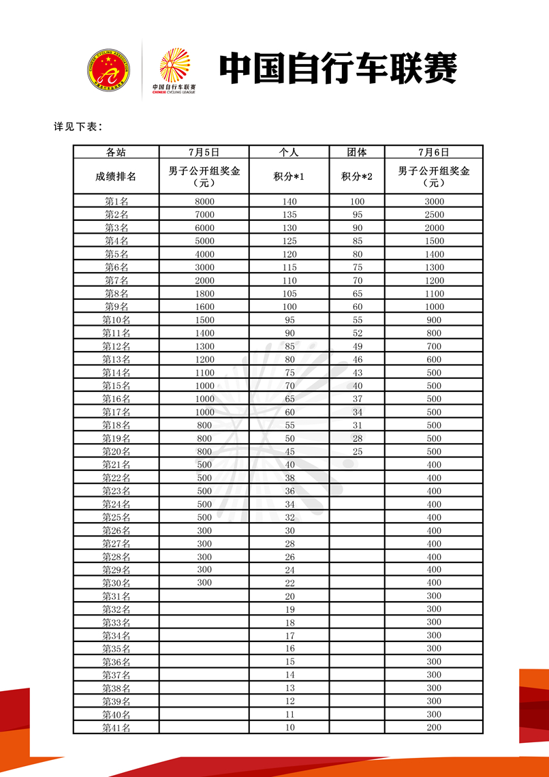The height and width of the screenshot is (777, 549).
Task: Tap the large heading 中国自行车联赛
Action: pos(338,68)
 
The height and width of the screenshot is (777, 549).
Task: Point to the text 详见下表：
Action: pos(78,127)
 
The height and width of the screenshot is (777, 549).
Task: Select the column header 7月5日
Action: pos(204,152)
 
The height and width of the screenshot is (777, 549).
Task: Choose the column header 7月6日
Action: pos(434,152)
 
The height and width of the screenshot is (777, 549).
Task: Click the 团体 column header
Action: pos(357,152)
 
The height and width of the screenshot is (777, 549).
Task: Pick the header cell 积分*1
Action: pos(289,177)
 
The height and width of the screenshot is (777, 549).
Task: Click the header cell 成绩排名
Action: pos(116,177)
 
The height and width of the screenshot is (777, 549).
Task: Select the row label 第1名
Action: pos(116,201)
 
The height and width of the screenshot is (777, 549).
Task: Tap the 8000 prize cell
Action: pos(204,201)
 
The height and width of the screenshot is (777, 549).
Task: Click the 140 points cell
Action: pos(289,201)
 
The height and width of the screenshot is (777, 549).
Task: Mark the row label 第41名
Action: pos(116,728)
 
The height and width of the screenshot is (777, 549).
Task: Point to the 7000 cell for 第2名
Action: pos(204,215)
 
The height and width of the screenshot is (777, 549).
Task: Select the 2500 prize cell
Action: pos(434,215)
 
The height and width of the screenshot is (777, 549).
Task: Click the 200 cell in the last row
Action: pos(434,728)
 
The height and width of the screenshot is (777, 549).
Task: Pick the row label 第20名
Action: pos(116,451)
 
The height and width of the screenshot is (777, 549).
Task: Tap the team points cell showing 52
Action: pos(358,333)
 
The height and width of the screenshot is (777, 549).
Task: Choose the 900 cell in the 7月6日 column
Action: pos(434,320)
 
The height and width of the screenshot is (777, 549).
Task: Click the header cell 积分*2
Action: pos(357,177)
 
